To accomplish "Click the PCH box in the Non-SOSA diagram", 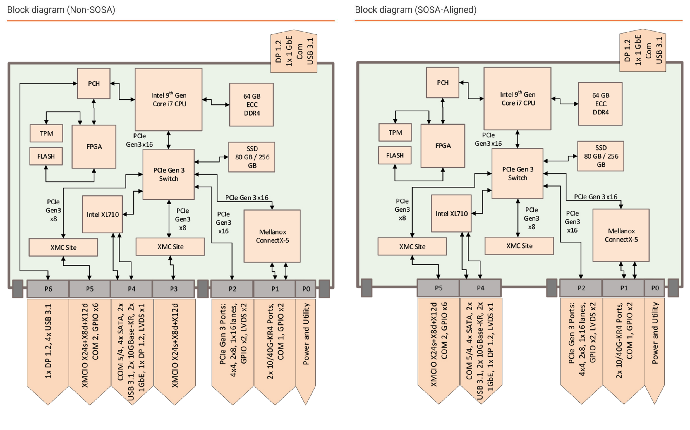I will pyautogui.click(x=94, y=83).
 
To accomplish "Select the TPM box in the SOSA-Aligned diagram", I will pyautogui.click(x=395, y=132).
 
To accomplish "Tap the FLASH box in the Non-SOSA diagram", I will pyautogui.click(x=46, y=156).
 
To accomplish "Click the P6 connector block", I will pyautogui.click(x=48, y=289).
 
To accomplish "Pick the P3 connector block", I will pyautogui.click(x=173, y=289).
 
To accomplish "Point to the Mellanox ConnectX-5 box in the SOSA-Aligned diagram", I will pyautogui.click(x=621, y=235).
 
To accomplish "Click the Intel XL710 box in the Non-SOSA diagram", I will pyautogui.click(x=102, y=214).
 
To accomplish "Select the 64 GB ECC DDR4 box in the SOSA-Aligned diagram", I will pyautogui.click(x=600, y=104).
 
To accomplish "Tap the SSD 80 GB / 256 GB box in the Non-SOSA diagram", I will pyautogui.click(x=251, y=157).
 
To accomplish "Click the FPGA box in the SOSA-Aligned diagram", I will pyautogui.click(x=443, y=145).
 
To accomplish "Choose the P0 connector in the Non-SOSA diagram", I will pyautogui.click(x=306, y=289).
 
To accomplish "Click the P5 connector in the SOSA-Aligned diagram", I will pyautogui.click(x=438, y=288).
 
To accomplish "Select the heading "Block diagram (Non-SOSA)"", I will pyautogui.click(x=61, y=10).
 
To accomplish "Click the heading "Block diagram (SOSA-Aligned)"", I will pyautogui.click(x=415, y=10).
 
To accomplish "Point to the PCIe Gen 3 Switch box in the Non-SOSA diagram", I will pyautogui.click(x=169, y=174).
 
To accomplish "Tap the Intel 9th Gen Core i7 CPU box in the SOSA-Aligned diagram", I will pyautogui.click(x=517, y=99).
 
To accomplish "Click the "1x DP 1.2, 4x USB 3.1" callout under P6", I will pyautogui.click(x=48, y=341).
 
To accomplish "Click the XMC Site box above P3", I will pyautogui.click(x=170, y=247).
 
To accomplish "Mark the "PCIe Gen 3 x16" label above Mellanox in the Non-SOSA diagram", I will pyautogui.click(x=246, y=198).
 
